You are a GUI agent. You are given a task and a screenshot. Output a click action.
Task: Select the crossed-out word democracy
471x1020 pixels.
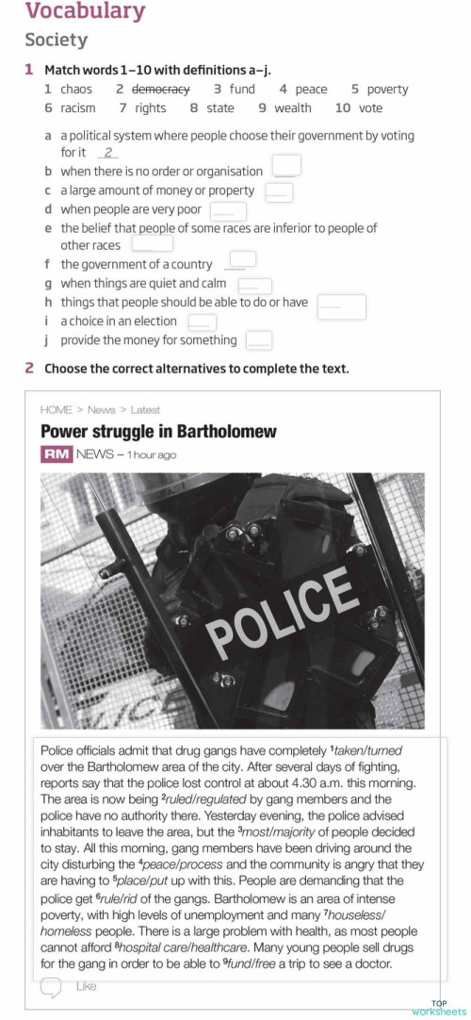click(160, 90)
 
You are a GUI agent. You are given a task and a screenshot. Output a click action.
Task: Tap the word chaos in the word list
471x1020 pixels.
click(76, 90)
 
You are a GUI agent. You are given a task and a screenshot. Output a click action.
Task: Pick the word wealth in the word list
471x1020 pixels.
click(292, 108)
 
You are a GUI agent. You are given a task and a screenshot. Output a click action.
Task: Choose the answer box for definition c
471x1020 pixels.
click(279, 191)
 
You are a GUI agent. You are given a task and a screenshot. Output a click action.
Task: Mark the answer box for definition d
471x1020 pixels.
click(228, 211)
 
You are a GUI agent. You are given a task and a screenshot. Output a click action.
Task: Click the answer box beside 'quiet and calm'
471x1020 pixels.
click(254, 285)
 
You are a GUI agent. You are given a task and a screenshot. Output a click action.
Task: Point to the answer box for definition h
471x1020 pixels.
click(341, 305)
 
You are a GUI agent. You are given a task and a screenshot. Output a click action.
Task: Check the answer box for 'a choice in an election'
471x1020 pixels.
click(202, 322)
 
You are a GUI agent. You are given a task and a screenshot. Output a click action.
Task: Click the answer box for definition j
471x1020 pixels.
click(259, 340)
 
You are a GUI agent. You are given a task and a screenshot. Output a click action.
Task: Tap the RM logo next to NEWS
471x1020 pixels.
click(56, 454)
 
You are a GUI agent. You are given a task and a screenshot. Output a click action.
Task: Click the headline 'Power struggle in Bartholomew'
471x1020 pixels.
click(158, 432)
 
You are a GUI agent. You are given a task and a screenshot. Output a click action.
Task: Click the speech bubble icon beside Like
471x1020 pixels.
click(53, 986)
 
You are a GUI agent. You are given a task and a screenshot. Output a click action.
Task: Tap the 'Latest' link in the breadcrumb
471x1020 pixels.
click(145, 410)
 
